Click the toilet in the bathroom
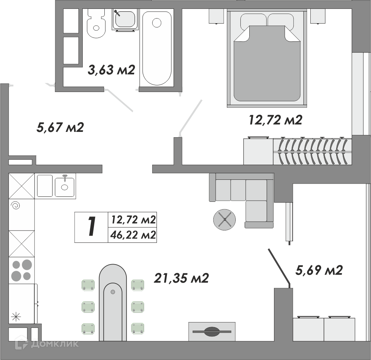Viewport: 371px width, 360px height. tap(96, 23)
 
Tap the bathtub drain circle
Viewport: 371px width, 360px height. tap(157, 23)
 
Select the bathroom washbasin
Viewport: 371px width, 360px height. tap(124, 20)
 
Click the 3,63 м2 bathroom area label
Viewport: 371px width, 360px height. tap(111, 70)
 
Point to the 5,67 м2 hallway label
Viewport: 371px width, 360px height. tap(60, 128)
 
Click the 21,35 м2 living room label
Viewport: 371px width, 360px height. tap(181, 278)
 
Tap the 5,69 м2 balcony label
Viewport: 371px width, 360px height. tap(319, 270)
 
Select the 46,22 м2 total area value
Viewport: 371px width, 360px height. tap(133, 235)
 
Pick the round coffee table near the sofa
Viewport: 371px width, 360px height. tap(224, 220)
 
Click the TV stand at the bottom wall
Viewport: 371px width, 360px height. tap(212, 332)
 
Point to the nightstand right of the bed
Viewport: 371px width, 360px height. tap(318, 16)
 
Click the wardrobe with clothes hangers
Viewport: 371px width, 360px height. tap(312, 152)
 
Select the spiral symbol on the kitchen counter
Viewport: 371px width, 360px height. tap(15, 206)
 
